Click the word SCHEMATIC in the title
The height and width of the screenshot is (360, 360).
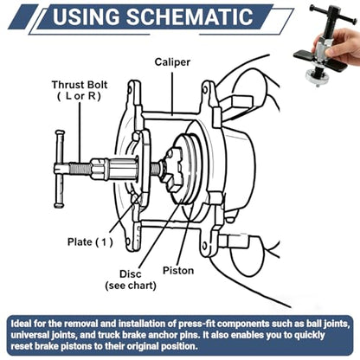tap(190, 16)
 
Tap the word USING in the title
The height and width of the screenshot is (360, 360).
tap(86, 16)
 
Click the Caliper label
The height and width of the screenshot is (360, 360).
tap(172, 62)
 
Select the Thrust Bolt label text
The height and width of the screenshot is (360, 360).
tap(80, 85)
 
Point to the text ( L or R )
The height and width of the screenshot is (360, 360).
tap(79, 96)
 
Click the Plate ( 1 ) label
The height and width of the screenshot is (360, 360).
tap(90, 241)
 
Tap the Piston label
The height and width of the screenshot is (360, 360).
tap(178, 271)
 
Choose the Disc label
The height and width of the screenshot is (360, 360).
tap(131, 273)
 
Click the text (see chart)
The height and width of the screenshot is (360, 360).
tap(131, 286)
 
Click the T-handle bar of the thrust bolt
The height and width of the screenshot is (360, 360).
tap(60, 169)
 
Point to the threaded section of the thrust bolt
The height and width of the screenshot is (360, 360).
tap(80, 168)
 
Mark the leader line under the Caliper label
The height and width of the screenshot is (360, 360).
tap(172, 93)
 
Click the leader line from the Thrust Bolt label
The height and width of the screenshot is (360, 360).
tap(80, 132)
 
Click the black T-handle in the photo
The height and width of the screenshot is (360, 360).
tap(331, 15)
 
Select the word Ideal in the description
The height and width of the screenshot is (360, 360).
tap(21, 324)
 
